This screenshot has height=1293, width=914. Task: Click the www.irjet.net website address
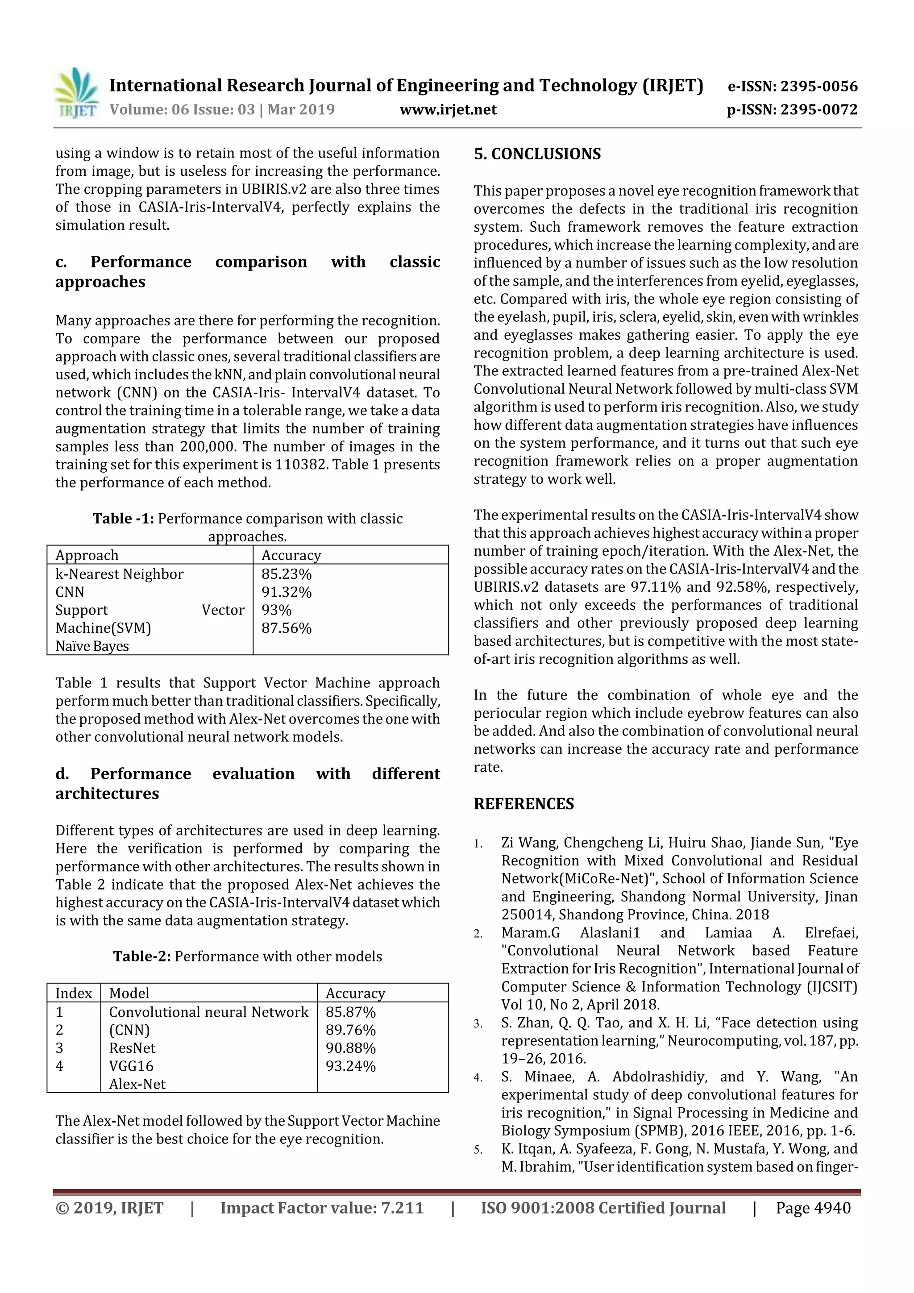click(x=448, y=109)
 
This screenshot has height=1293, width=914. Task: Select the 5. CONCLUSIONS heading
click(x=537, y=154)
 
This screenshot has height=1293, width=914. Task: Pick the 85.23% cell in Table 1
click(x=286, y=574)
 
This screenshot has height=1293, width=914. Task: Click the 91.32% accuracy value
click(x=286, y=592)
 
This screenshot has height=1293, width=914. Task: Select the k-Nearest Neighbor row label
click(x=120, y=574)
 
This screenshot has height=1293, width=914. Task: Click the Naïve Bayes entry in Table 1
click(x=92, y=646)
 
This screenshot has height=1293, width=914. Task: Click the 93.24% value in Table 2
click(x=350, y=1065)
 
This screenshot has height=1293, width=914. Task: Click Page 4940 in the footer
click(x=813, y=1207)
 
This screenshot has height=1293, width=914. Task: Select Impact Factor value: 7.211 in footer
click(x=322, y=1207)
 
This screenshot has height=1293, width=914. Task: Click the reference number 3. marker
click(x=478, y=1024)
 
